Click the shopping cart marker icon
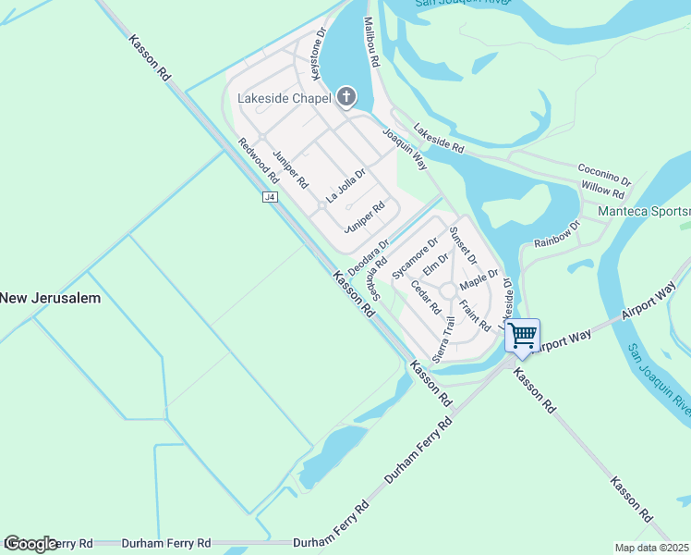coord(523,335)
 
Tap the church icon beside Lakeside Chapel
coord(346,97)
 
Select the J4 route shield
coord(270,197)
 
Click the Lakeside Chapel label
coord(283,98)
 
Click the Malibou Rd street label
coord(371,42)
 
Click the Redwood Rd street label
coord(258,161)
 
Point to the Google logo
coord(30,544)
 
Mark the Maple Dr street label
coord(479,277)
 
